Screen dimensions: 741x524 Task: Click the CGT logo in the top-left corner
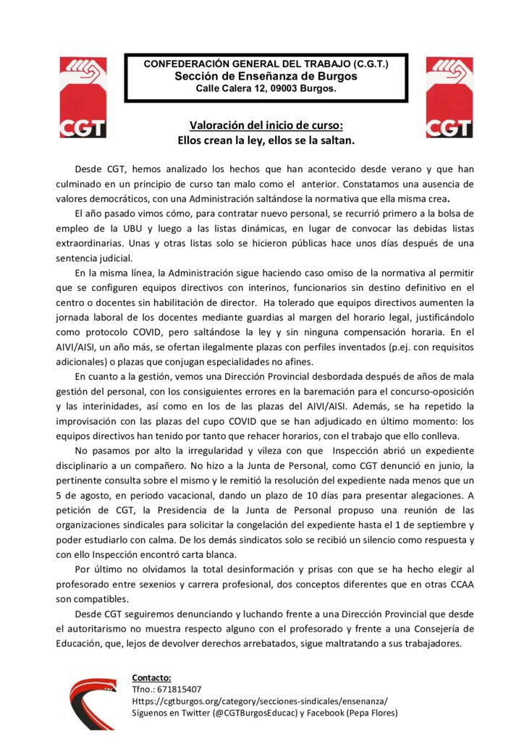pyautogui.click(x=83, y=98)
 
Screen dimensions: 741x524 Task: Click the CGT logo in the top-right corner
pyautogui.click(x=449, y=98)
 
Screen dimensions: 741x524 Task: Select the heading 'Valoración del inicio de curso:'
pyautogui.click(x=266, y=125)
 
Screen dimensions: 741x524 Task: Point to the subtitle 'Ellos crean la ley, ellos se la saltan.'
pyautogui.click(x=266, y=140)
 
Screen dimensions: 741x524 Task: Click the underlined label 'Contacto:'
pyautogui.click(x=151, y=678)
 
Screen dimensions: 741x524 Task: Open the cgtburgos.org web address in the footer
pyautogui.click(x=260, y=701)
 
